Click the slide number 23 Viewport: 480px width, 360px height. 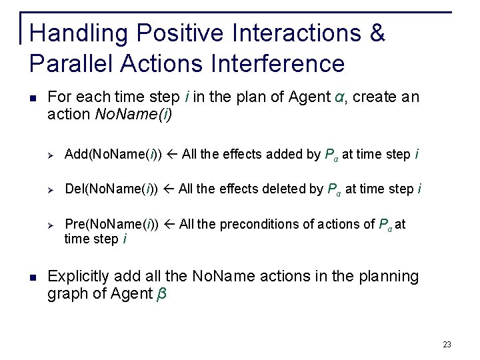click(447, 345)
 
